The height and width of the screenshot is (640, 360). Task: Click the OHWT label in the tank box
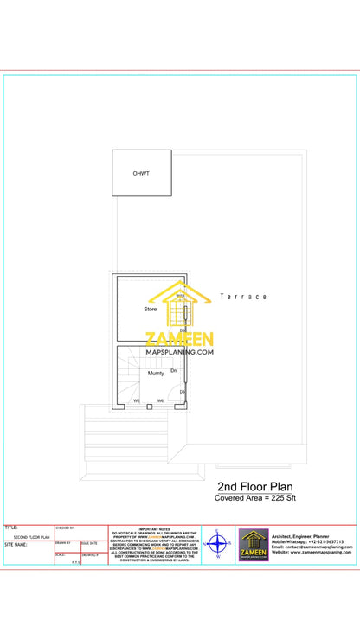click(x=140, y=174)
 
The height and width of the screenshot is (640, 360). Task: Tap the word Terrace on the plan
click(x=243, y=297)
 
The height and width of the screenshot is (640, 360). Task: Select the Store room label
click(x=151, y=309)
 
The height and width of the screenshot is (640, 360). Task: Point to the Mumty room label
click(x=156, y=374)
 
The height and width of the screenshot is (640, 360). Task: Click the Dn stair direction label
click(x=173, y=370)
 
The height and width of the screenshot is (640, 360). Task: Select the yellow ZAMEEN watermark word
click(x=179, y=339)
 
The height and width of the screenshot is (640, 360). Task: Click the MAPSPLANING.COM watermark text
click(x=179, y=352)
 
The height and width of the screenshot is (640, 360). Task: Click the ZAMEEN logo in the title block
click(x=254, y=545)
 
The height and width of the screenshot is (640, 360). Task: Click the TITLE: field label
click(x=11, y=527)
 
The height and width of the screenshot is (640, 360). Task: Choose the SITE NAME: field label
click(x=16, y=545)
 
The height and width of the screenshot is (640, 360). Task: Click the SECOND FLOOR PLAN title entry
click(x=32, y=537)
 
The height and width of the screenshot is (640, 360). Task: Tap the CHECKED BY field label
click(x=64, y=527)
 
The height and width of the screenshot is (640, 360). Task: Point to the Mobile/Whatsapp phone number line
click(x=306, y=541)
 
